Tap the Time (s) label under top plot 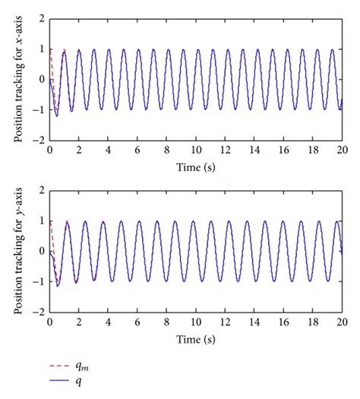pos(196,165)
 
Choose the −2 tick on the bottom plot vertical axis pos(37,313)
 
